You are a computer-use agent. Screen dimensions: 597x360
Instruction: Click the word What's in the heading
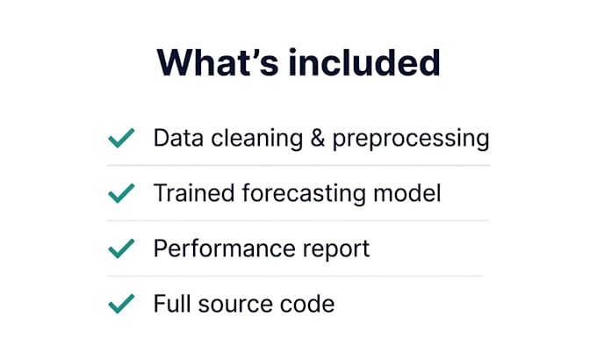click(218, 63)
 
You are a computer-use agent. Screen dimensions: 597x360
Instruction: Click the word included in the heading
click(364, 63)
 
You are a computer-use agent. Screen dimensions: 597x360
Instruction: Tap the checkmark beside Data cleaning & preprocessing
click(121, 138)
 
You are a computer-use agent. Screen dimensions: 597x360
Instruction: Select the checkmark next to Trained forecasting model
click(121, 193)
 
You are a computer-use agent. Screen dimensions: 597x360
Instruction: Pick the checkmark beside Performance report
click(121, 248)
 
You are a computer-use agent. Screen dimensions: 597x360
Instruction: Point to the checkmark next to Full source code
click(121, 304)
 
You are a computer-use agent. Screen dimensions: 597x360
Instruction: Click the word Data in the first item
click(178, 138)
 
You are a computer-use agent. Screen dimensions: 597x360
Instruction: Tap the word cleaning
click(257, 139)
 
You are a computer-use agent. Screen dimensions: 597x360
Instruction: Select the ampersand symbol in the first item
click(318, 138)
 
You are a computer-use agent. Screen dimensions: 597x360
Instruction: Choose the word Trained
click(194, 193)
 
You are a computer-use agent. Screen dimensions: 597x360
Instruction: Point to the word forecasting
click(304, 194)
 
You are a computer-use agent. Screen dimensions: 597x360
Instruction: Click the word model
click(407, 193)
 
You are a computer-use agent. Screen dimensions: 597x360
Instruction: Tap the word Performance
click(224, 248)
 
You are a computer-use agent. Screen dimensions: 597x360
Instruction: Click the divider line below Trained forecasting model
click(298, 220)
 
